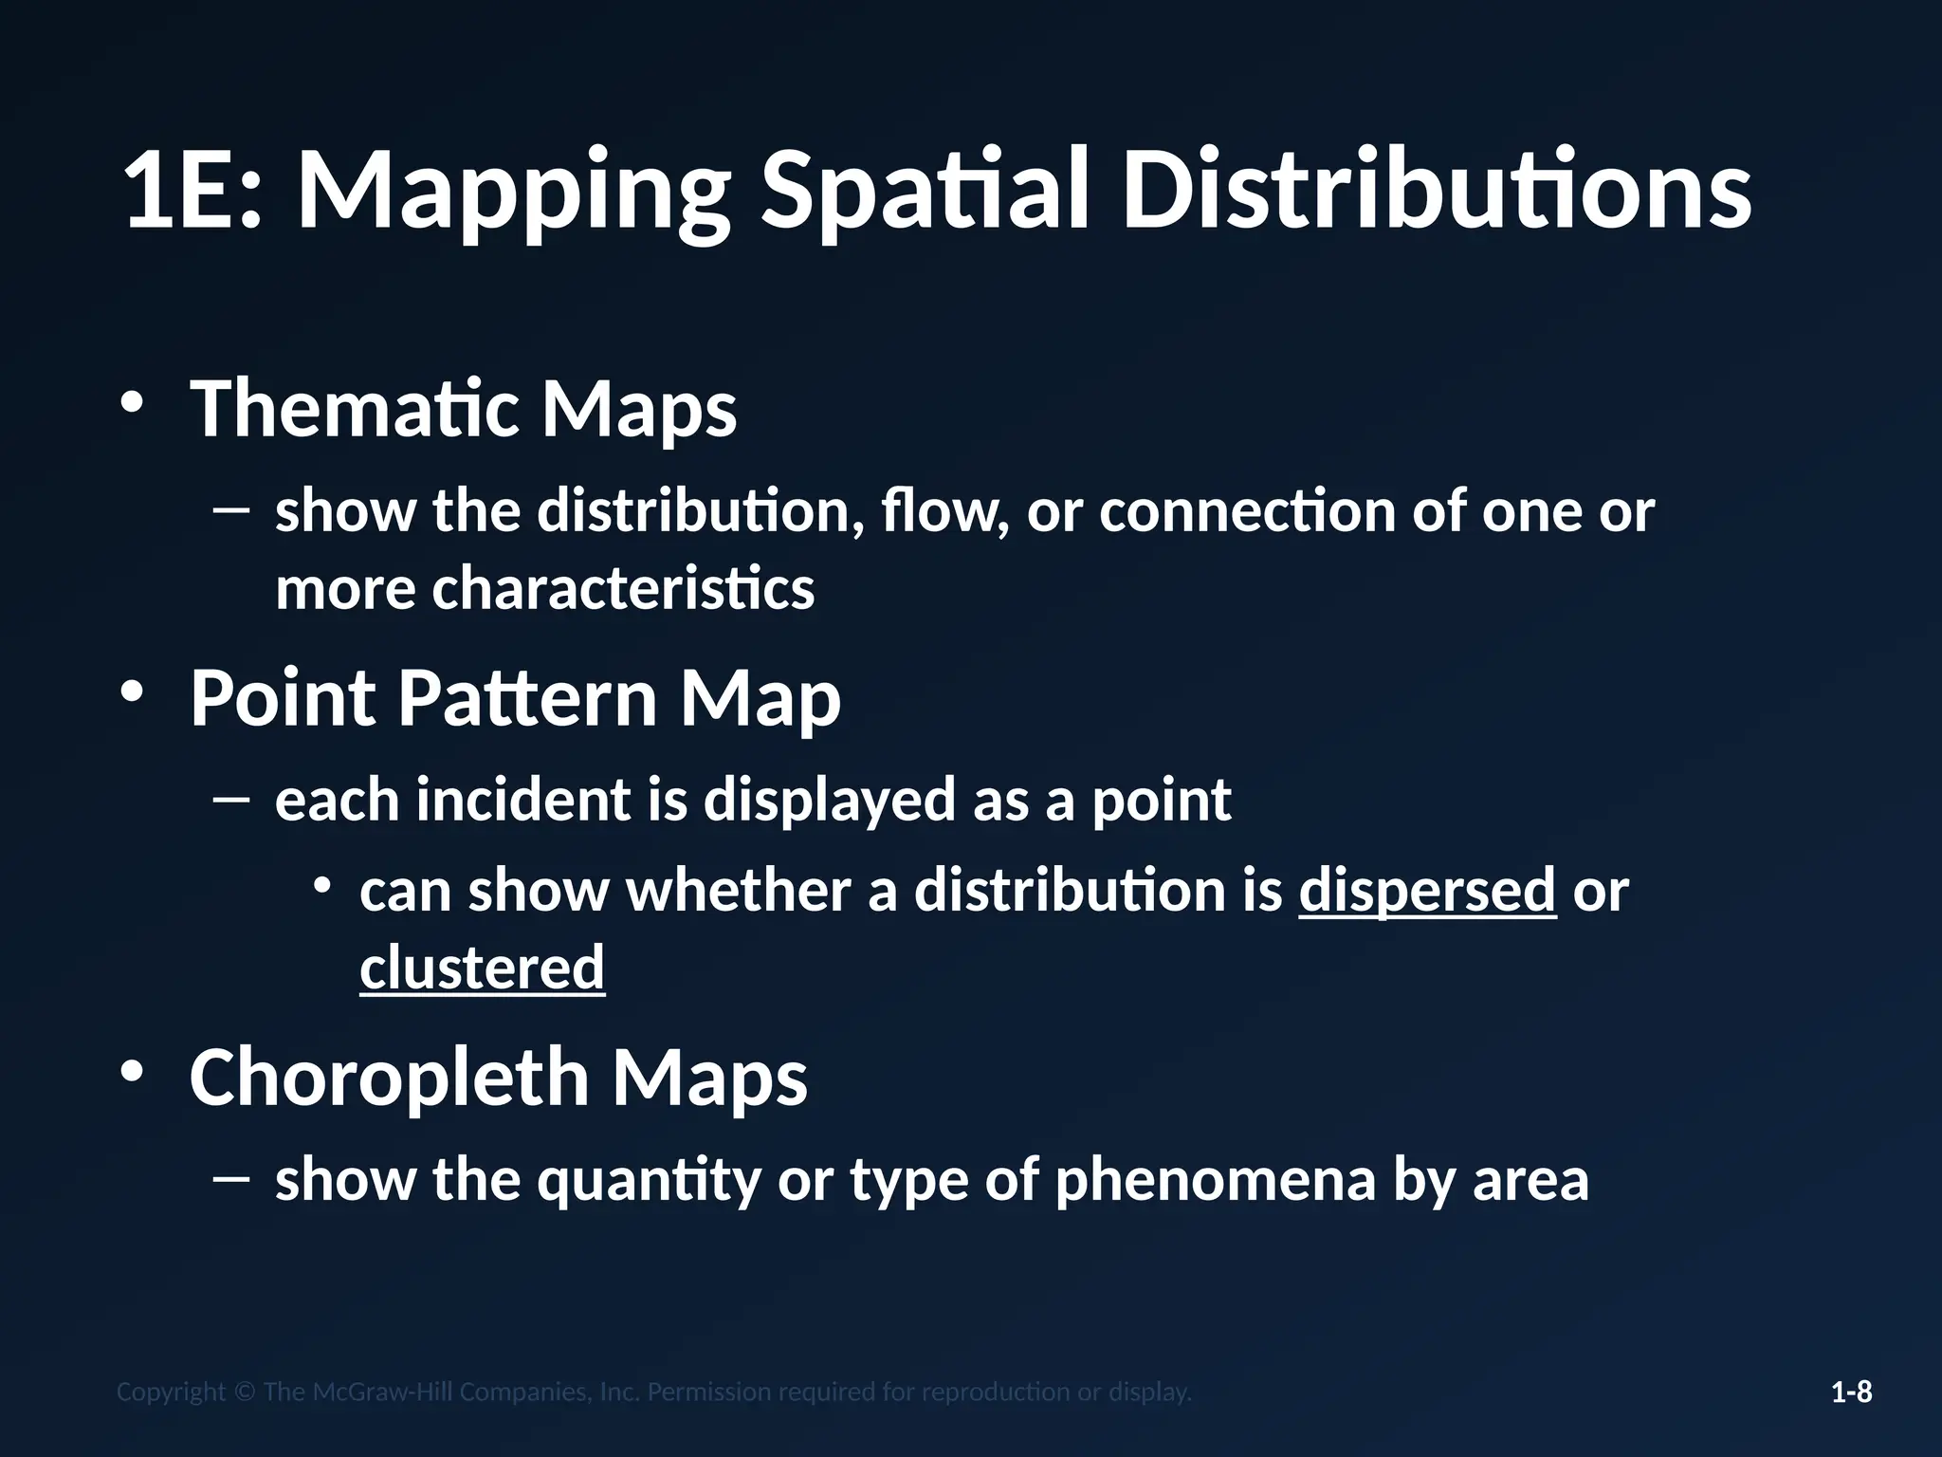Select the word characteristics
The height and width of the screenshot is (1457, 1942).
point(623,589)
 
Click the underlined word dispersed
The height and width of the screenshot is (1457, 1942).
point(1427,892)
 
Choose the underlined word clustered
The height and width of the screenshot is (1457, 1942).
point(482,968)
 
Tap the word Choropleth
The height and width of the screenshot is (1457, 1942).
point(390,1079)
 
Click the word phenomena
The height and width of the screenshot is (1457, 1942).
point(1215,1180)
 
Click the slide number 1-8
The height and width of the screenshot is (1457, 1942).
point(1851,1392)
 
